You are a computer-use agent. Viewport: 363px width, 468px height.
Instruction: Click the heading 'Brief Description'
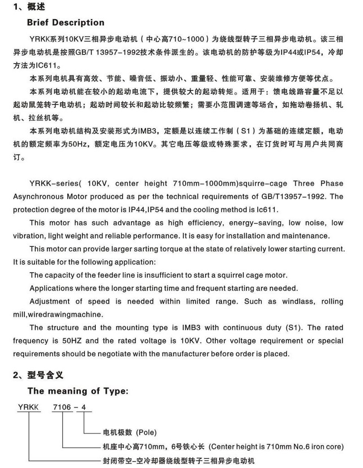(x=65, y=22)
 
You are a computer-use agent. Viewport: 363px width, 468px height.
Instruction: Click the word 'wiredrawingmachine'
(x=59, y=314)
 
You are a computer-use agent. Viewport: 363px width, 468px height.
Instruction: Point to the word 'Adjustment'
(x=49, y=301)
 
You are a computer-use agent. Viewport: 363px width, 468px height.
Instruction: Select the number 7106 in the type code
(x=62, y=407)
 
